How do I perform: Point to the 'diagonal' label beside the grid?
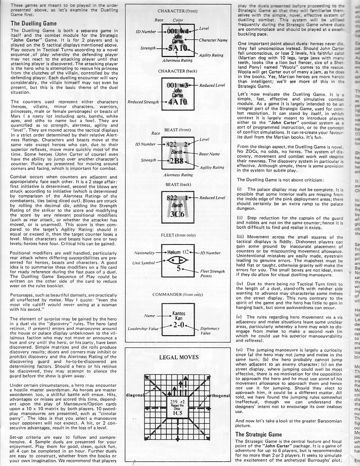tap(135, 395)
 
